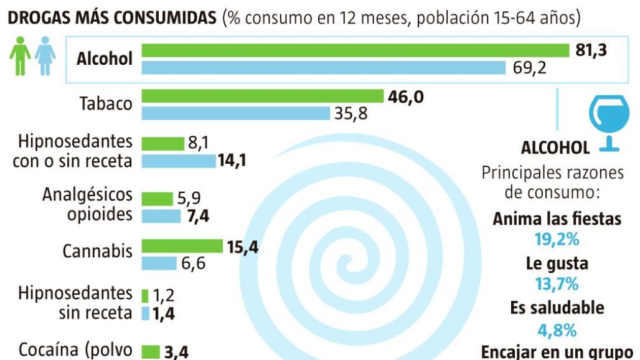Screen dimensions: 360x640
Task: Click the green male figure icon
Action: point(20,56)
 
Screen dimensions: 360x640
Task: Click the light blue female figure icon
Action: point(45,56)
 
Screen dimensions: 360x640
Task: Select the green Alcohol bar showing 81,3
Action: point(355,50)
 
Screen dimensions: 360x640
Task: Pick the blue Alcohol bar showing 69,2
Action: point(324,67)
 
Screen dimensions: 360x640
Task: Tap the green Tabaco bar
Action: point(262,96)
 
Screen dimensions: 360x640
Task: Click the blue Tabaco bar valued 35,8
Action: point(236,113)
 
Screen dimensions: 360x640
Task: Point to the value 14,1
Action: point(232,161)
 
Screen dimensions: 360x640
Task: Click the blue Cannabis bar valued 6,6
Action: point(159,263)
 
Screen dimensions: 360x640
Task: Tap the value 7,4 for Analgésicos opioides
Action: point(199,216)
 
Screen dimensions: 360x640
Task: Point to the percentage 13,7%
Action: point(557,283)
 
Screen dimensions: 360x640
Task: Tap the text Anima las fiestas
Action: point(557,219)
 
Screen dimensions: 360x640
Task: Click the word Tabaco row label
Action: point(106,103)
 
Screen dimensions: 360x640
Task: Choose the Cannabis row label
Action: point(97,251)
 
